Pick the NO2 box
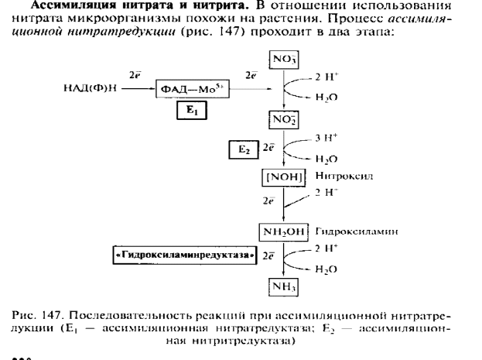[283, 118]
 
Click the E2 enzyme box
[244, 149]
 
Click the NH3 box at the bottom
[283, 287]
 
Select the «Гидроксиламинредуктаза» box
[186, 255]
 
